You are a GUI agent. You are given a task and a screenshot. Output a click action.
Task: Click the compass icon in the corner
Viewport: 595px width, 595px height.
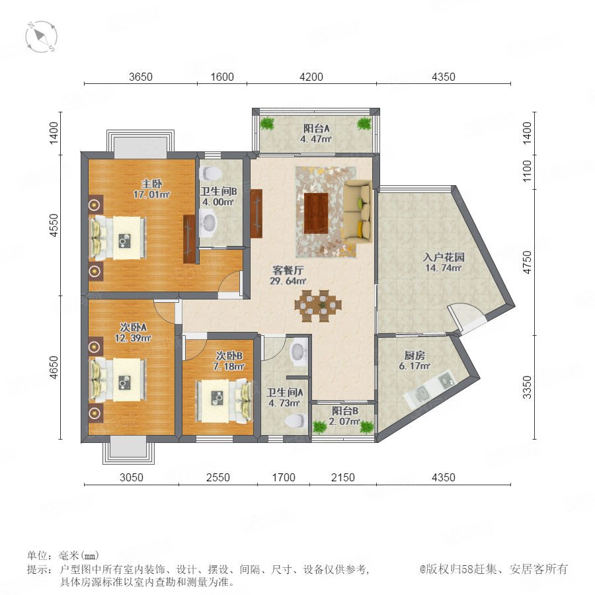point(41,37)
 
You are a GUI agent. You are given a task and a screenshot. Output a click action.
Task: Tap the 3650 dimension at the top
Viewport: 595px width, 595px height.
point(141,77)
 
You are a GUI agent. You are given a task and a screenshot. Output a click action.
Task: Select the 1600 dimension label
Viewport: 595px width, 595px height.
point(222,77)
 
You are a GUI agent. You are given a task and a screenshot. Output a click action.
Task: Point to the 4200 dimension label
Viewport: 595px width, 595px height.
point(311,77)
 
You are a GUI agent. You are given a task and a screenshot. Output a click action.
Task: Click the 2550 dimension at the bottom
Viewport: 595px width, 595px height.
point(218,477)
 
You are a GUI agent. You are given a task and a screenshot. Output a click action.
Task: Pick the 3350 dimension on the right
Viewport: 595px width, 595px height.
point(527,387)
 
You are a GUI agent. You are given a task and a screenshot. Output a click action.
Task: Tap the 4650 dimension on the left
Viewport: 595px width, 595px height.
point(54,368)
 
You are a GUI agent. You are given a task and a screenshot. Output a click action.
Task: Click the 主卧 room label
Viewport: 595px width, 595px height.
point(152,184)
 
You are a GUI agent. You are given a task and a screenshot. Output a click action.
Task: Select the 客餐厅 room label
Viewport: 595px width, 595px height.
point(288,270)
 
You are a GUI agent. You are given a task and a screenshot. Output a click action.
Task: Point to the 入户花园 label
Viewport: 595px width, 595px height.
point(444,257)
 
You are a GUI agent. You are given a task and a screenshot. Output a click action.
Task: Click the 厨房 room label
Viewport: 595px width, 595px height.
point(415,355)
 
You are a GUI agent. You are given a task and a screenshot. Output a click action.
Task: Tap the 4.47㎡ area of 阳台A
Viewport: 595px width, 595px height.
point(316,139)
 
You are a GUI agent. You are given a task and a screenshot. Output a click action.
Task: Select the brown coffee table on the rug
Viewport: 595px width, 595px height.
point(316,213)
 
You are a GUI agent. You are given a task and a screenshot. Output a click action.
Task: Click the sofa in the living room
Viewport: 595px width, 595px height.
point(358,211)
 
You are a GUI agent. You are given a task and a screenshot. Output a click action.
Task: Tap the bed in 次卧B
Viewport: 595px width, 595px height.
point(223,401)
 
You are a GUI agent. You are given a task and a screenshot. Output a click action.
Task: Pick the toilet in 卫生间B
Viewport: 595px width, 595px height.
point(211,173)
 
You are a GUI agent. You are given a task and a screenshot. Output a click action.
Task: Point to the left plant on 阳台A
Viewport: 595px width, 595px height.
point(268,124)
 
